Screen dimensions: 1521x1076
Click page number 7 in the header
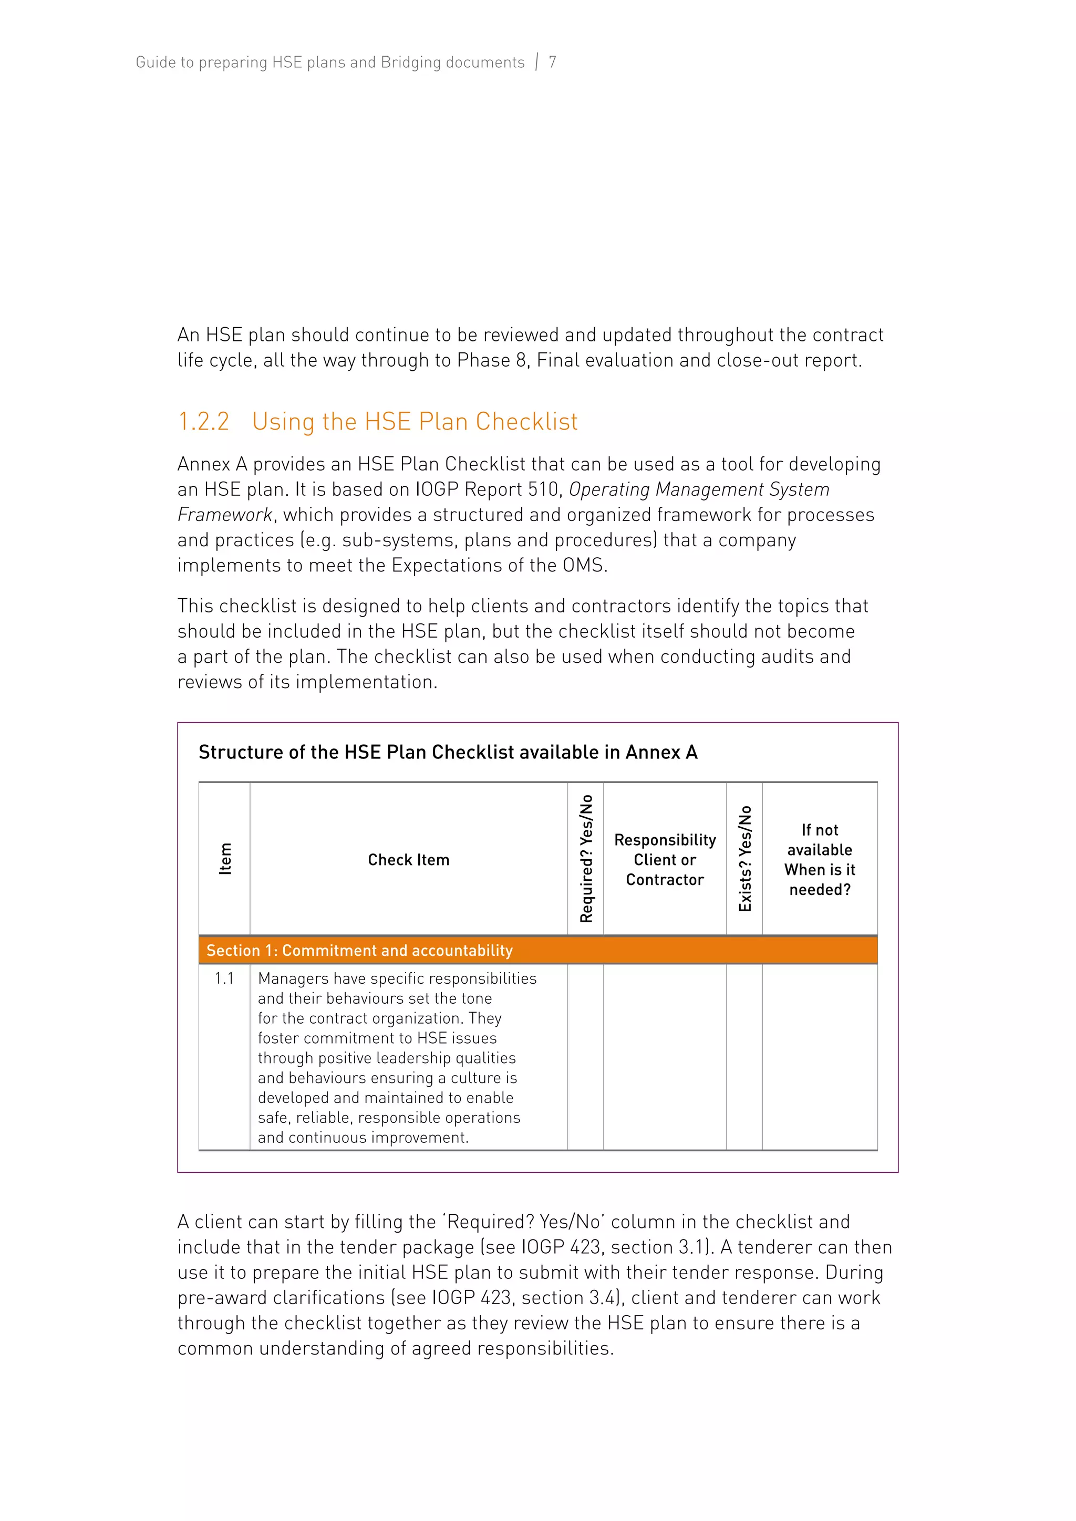pyautogui.click(x=552, y=62)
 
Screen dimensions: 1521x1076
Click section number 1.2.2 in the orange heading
pyautogui.click(x=203, y=421)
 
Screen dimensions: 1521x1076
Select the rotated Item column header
pyautogui.click(x=225, y=859)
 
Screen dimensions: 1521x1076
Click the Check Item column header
pyautogui.click(x=408, y=860)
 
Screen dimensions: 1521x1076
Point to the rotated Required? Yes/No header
pyautogui.click(x=586, y=859)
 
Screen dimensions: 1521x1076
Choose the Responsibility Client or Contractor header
pyautogui.click(x=665, y=860)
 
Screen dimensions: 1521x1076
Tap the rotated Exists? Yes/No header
pyautogui.click(x=744, y=859)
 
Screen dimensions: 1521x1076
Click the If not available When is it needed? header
pyautogui.click(x=820, y=860)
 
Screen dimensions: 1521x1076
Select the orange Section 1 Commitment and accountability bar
pyautogui.click(x=538, y=950)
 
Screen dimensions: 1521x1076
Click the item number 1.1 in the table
pyautogui.click(x=224, y=978)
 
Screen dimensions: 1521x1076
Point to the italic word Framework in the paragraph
pyautogui.click(x=225, y=515)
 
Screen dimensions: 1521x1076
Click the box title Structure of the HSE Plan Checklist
pyautogui.click(x=448, y=752)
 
